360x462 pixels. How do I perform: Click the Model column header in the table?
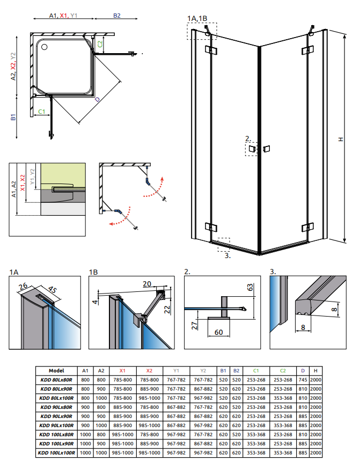pyautogui.click(x=56, y=370)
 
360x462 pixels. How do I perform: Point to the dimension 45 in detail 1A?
pyautogui.click(x=52, y=290)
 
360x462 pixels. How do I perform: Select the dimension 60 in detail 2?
pyautogui.click(x=219, y=332)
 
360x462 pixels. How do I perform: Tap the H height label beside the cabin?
pyautogui.click(x=340, y=140)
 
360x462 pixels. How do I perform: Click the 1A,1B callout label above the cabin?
pyautogui.click(x=197, y=19)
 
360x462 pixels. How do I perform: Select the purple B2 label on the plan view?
pyautogui.click(x=116, y=16)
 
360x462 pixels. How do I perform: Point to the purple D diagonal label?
pyautogui.click(x=97, y=99)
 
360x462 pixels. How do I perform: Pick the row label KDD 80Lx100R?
pyautogui.click(x=56, y=397)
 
